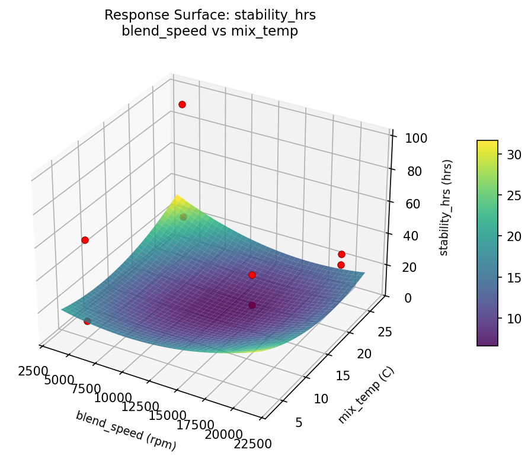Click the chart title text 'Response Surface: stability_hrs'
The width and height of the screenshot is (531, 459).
click(x=210, y=15)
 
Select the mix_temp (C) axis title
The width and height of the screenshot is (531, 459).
click(x=366, y=395)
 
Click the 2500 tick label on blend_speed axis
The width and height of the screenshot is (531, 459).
click(x=32, y=371)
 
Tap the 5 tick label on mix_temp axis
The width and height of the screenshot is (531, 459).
click(x=299, y=422)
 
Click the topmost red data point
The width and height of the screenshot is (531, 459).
click(x=182, y=104)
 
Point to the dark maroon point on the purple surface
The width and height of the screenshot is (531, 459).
click(x=252, y=305)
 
